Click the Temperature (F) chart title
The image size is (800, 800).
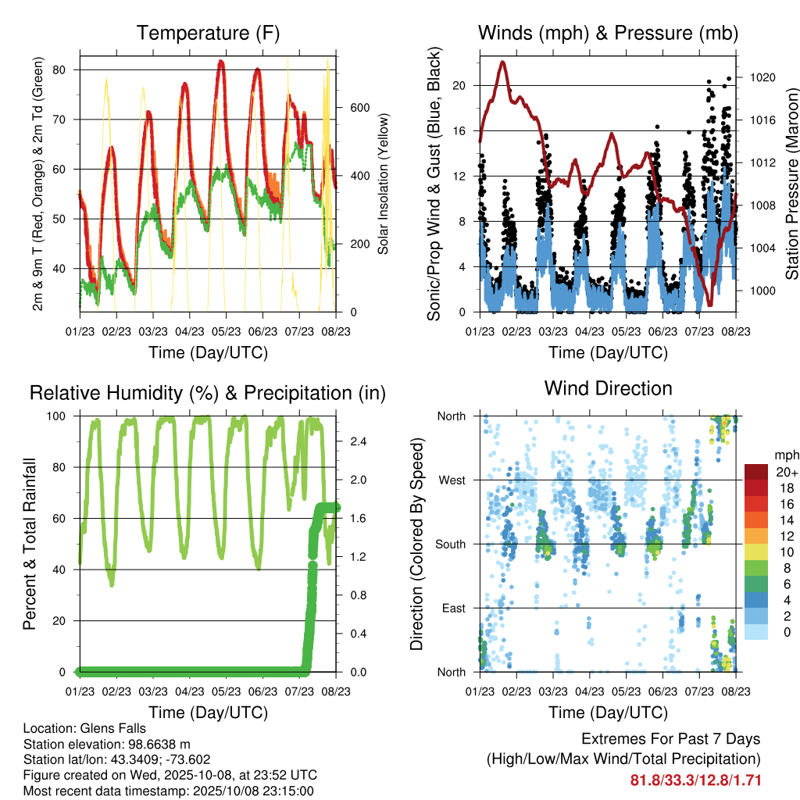(208, 34)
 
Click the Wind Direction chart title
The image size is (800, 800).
(608, 388)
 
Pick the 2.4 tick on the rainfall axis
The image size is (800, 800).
(359, 441)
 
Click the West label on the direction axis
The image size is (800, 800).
(452, 480)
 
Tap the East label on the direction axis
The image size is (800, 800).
(453, 608)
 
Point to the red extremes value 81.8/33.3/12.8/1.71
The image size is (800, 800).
(695, 780)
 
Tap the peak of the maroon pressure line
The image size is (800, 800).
(502, 62)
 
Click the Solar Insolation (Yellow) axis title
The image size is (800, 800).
(383, 184)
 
